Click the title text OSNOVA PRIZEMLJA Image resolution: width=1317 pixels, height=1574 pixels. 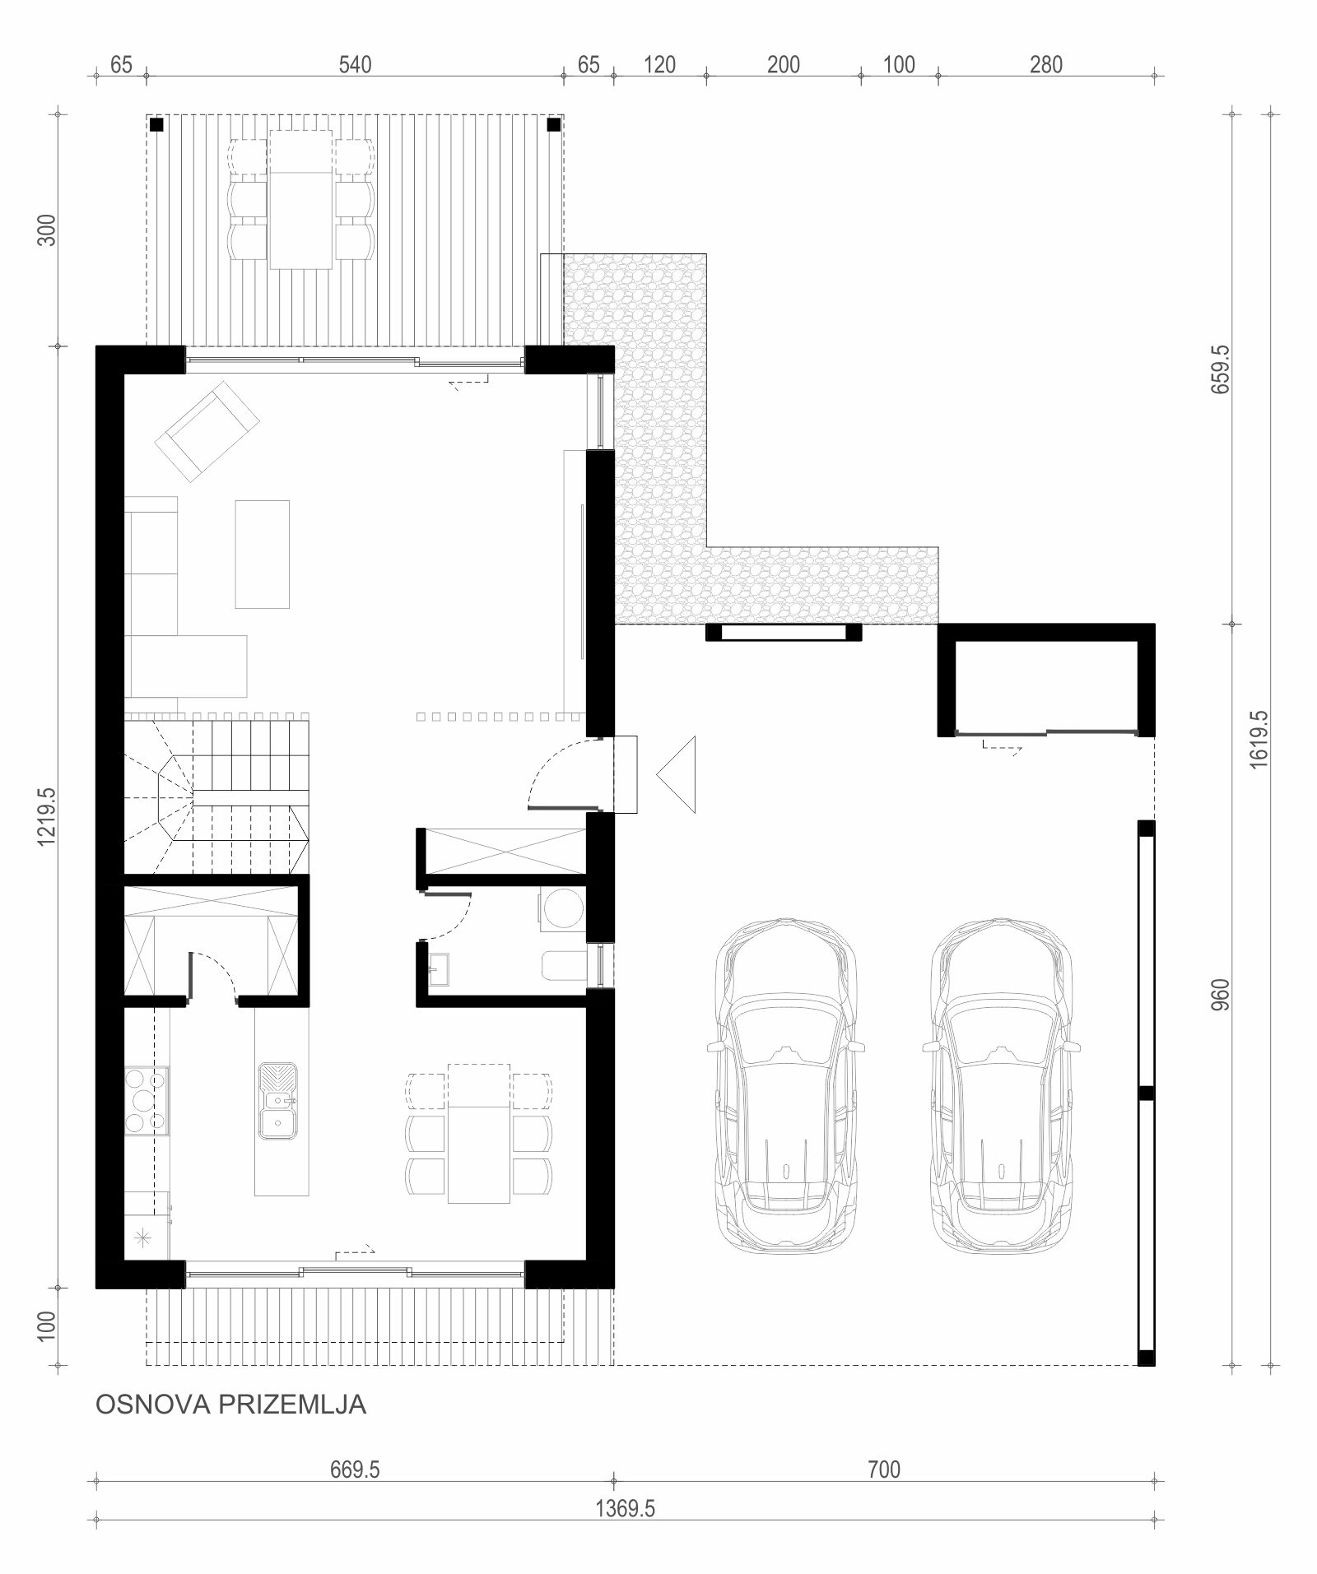click(x=231, y=1404)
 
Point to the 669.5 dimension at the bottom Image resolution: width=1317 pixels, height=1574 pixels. click(x=355, y=1470)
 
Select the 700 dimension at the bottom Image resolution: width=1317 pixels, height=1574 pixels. click(x=883, y=1470)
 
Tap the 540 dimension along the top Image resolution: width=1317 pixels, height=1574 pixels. click(x=356, y=64)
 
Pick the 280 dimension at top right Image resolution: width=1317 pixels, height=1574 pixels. click(x=1046, y=64)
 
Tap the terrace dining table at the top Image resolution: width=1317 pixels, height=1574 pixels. click(x=301, y=198)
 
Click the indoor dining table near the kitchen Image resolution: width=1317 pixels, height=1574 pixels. click(x=478, y=1133)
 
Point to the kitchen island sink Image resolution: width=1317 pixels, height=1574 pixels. click(x=280, y=1101)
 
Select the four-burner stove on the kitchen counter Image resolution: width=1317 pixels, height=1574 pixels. click(x=147, y=1099)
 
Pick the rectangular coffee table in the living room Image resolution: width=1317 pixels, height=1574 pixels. click(x=263, y=554)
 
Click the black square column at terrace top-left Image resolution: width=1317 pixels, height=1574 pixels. click(x=156, y=125)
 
